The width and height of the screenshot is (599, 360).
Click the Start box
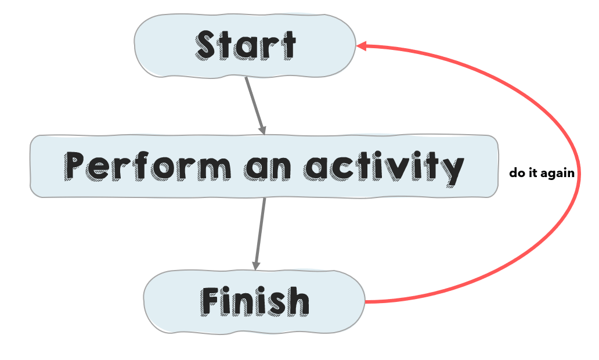click(245, 46)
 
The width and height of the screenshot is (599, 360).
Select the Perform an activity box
click(264, 166)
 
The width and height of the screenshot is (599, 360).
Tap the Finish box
click(254, 302)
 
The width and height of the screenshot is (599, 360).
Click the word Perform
click(147, 166)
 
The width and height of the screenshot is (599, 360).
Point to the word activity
click(384, 168)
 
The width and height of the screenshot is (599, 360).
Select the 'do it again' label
click(542, 172)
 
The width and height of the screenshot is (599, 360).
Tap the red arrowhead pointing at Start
click(362, 46)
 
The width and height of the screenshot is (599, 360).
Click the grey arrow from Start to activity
click(255, 106)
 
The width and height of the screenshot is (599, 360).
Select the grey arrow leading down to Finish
click(260, 234)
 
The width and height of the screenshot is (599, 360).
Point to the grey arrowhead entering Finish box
click(256, 265)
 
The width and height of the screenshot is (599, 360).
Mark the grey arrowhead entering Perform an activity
click(262, 130)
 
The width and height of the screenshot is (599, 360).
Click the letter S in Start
click(209, 45)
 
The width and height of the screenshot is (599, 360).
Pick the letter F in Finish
click(211, 301)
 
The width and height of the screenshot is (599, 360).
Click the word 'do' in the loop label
click(517, 172)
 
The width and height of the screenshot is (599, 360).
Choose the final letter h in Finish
click(298, 301)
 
